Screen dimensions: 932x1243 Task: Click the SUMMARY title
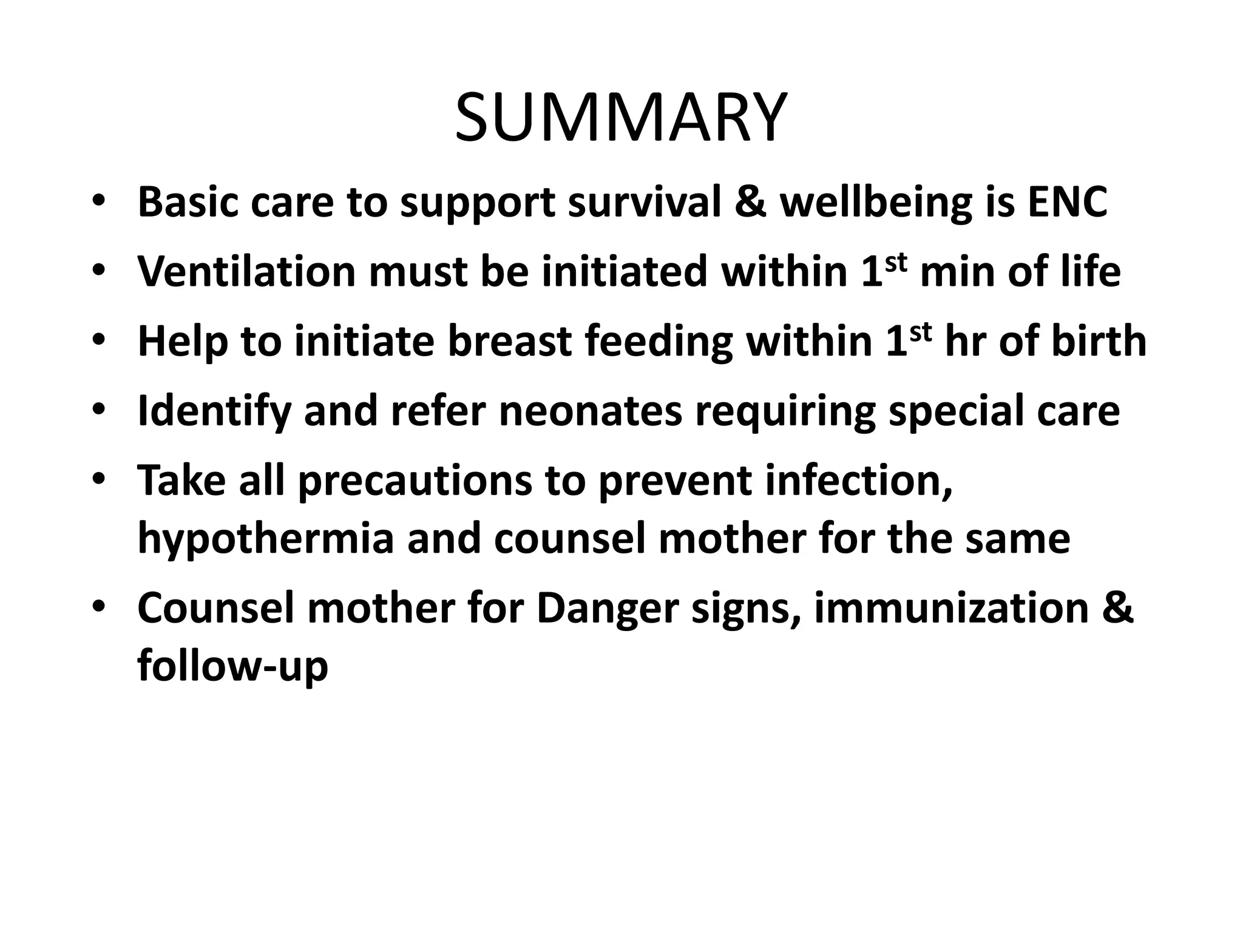[x=621, y=118]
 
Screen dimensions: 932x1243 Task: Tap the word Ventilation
[x=246, y=271]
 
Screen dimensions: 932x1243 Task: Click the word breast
[x=509, y=341]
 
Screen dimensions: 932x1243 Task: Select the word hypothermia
[x=266, y=539]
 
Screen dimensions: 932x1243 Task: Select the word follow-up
[x=232, y=666]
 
